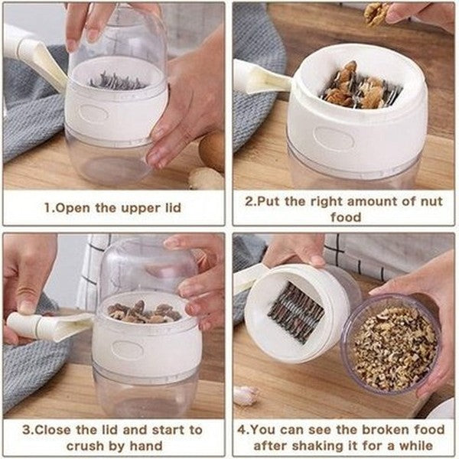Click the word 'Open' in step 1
[70, 207]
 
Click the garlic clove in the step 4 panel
[245, 395]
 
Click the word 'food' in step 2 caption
[344, 217]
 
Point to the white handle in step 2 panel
[260, 76]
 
